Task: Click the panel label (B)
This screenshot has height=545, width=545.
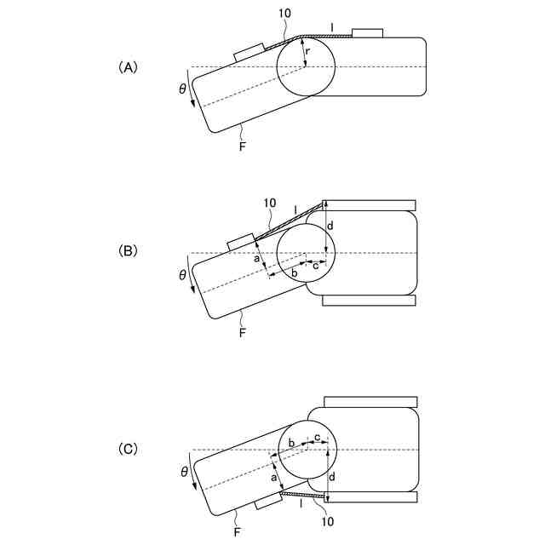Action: pos(127,252)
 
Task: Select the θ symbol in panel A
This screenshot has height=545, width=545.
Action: pos(182,89)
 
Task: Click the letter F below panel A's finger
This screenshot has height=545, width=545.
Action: pos(242,146)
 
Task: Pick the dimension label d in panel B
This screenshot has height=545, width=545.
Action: pos(331,226)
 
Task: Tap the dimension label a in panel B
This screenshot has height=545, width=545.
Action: pos(256,260)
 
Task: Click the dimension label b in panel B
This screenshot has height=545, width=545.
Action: pos(295,273)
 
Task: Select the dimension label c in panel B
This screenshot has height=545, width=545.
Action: pos(317,266)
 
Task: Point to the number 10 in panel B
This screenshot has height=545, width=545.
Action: pos(270,203)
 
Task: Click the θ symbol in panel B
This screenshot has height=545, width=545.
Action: pos(182,274)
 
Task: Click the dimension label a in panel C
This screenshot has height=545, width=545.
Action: pos(274,479)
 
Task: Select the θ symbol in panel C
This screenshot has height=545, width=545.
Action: pos(182,470)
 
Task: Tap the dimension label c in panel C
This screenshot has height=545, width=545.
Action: pos(317,438)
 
